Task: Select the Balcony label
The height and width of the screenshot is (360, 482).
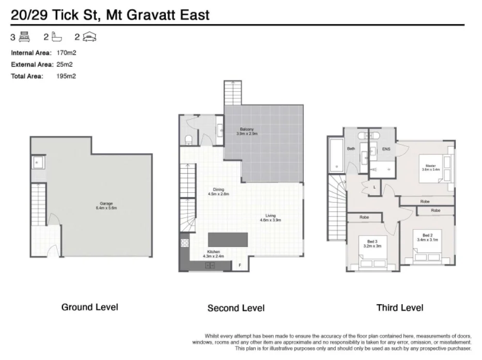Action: pyautogui.click(x=246, y=129)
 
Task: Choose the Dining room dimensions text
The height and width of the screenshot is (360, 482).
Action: pyautogui.click(x=218, y=194)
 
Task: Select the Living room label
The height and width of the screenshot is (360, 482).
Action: pyautogui.click(x=270, y=215)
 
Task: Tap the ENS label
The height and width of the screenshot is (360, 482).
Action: pyautogui.click(x=385, y=149)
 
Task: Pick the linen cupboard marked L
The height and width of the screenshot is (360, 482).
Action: pyautogui.click(x=374, y=186)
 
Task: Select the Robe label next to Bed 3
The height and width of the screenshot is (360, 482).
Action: pyautogui.click(x=364, y=217)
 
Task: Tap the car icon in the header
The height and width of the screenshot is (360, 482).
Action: pyautogui.click(x=90, y=37)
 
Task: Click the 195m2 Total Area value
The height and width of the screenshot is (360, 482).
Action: pyautogui.click(x=66, y=76)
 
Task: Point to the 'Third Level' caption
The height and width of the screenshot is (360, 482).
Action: pyautogui.click(x=400, y=308)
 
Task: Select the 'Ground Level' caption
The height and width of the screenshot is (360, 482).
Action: pyautogui.click(x=90, y=307)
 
